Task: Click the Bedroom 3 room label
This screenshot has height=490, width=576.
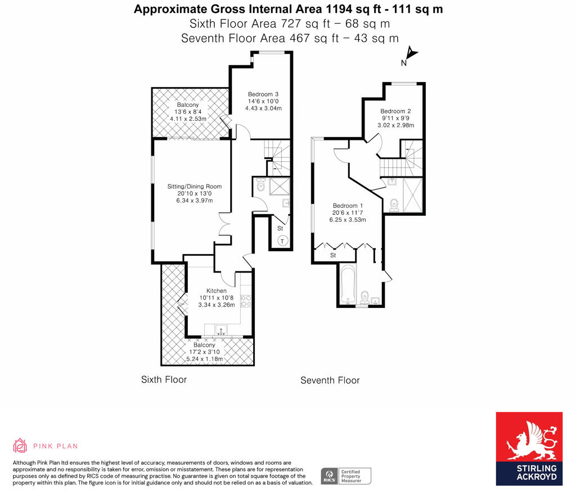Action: (260, 94)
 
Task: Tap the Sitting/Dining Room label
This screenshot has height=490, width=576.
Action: (195, 187)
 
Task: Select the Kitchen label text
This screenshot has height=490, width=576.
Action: (216, 291)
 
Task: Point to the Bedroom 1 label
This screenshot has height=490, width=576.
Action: (348, 205)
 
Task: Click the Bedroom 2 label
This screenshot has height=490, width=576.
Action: (395, 111)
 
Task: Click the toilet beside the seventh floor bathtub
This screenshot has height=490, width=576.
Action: (364, 295)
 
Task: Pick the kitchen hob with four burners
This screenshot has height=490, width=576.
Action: (245, 301)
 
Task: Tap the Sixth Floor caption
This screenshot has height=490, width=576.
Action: (164, 379)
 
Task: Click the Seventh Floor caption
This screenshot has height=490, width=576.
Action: (330, 380)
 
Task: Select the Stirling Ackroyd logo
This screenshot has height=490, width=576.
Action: (529, 449)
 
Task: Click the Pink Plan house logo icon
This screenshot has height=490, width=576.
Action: (20, 446)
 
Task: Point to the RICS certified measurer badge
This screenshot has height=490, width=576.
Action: (346, 476)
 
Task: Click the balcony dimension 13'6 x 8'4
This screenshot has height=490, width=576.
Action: (188, 112)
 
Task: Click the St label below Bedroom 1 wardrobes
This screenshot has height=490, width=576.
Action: (333, 255)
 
